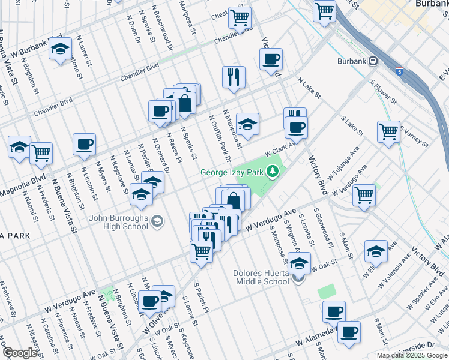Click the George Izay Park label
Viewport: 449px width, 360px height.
[233, 173]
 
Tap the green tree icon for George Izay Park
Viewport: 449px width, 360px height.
[273, 172]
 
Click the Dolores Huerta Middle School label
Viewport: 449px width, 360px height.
[261, 277]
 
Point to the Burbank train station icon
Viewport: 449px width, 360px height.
[373, 61]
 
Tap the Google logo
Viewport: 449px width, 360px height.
[20, 352]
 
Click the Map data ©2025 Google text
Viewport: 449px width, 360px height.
[412, 355]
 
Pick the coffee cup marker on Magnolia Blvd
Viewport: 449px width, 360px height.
[84, 144]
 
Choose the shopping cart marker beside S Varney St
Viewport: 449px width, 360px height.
[388, 131]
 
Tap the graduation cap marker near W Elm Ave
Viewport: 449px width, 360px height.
[376, 251]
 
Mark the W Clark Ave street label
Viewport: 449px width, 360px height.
[281, 148]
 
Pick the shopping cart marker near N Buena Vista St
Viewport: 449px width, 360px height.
[41, 153]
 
